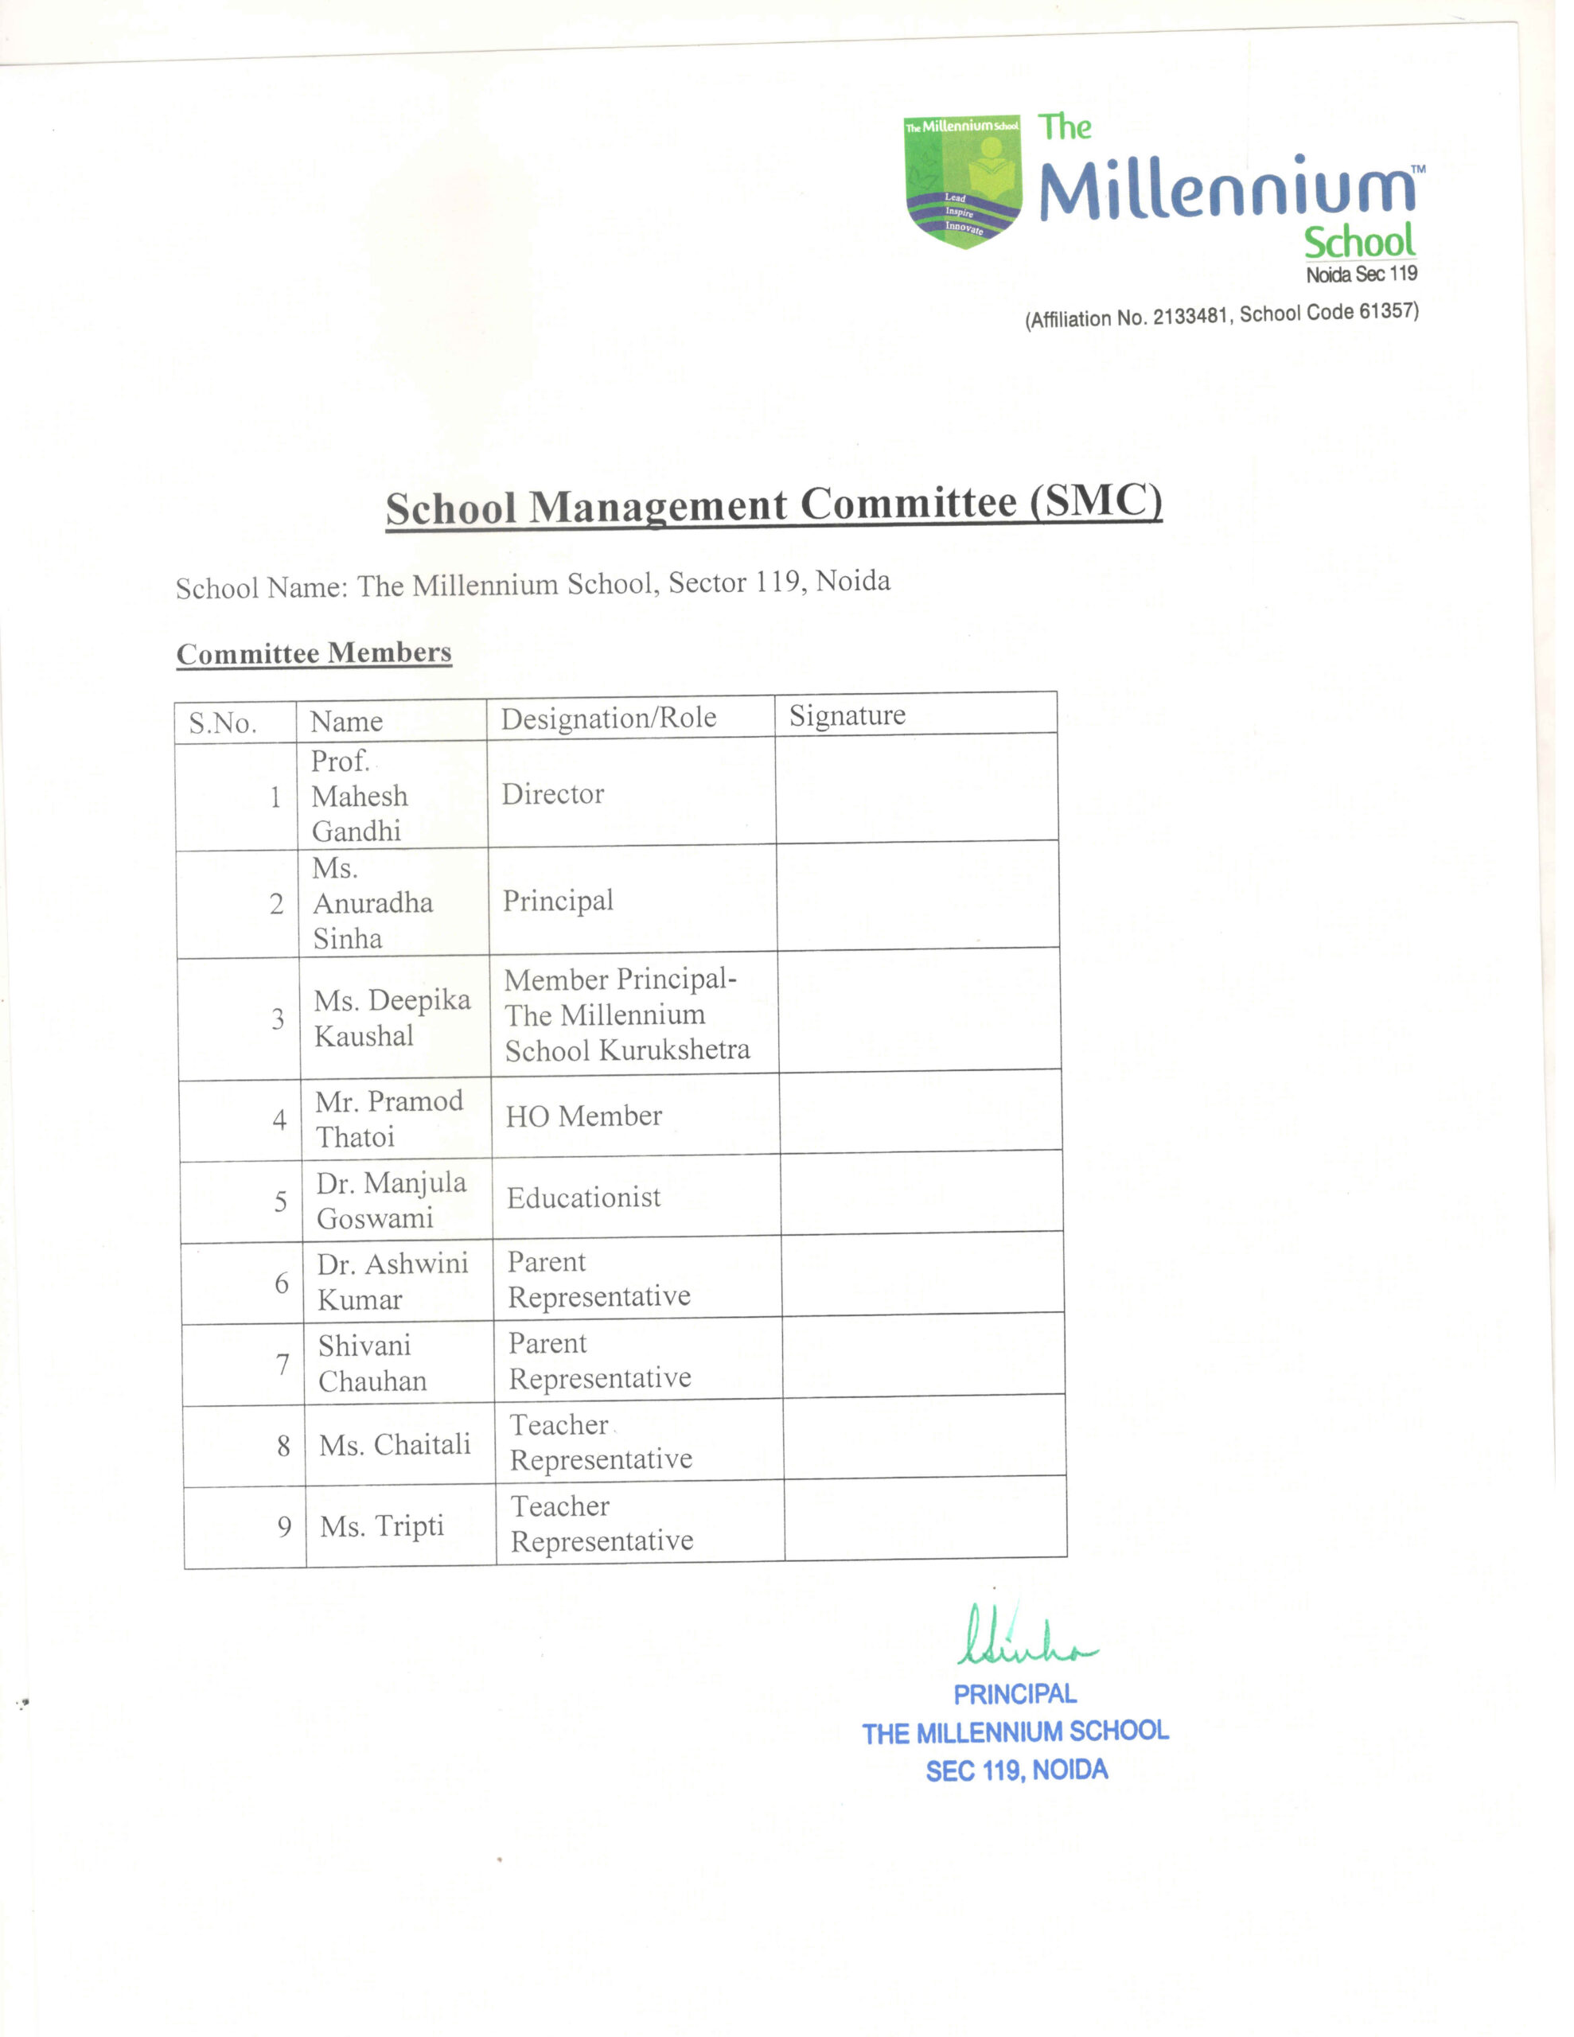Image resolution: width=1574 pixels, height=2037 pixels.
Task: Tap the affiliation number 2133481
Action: tap(1189, 316)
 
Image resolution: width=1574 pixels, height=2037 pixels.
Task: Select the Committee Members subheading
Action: tap(314, 653)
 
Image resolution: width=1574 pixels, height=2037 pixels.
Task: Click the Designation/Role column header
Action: tap(608, 719)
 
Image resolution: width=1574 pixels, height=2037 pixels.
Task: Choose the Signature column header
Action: tap(847, 715)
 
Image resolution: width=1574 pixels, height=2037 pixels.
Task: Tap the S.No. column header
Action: tap(222, 722)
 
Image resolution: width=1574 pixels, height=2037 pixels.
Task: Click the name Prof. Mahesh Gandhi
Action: tap(358, 796)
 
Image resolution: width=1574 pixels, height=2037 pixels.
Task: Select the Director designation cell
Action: tap(552, 795)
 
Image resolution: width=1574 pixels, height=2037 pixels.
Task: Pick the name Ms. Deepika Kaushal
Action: tap(391, 1018)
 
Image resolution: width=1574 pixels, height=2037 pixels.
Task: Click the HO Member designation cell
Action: tap(583, 1116)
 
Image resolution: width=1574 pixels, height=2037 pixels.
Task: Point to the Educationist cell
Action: tap(583, 1198)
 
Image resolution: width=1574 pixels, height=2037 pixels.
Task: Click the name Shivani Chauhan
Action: tap(372, 1363)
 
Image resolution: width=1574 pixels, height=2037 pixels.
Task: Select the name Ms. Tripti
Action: tap(382, 1527)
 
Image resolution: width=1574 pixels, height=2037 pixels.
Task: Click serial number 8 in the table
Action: tap(283, 1447)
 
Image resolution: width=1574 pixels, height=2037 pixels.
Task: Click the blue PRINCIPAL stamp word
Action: tap(1015, 1694)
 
